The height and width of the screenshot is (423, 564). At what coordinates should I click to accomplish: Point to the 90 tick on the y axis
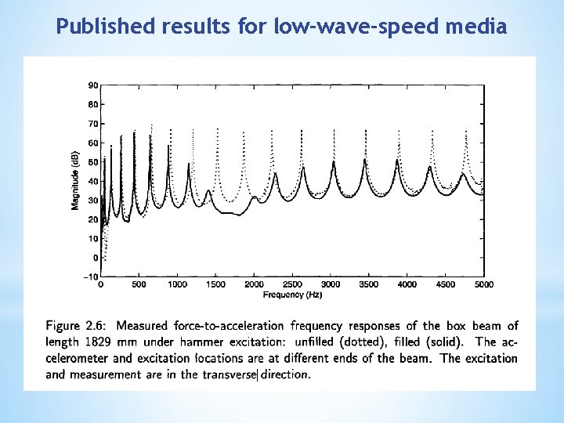click(92, 85)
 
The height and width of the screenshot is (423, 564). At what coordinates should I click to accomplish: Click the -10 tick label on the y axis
click(91, 277)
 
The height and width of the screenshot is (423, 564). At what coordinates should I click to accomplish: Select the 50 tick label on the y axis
click(92, 161)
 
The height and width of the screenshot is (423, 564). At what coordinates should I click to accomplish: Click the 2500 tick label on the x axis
click(292, 285)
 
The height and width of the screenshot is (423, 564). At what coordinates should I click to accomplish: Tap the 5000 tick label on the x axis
click(484, 285)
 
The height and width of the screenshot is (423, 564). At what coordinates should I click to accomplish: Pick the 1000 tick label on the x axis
click(177, 285)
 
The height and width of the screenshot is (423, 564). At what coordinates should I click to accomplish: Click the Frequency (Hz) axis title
click(292, 295)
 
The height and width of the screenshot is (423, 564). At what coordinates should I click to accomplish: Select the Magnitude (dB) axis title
click(75, 181)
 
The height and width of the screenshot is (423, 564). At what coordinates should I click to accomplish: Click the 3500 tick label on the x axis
click(369, 285)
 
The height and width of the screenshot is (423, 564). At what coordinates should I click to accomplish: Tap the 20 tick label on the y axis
click(92, 219)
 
